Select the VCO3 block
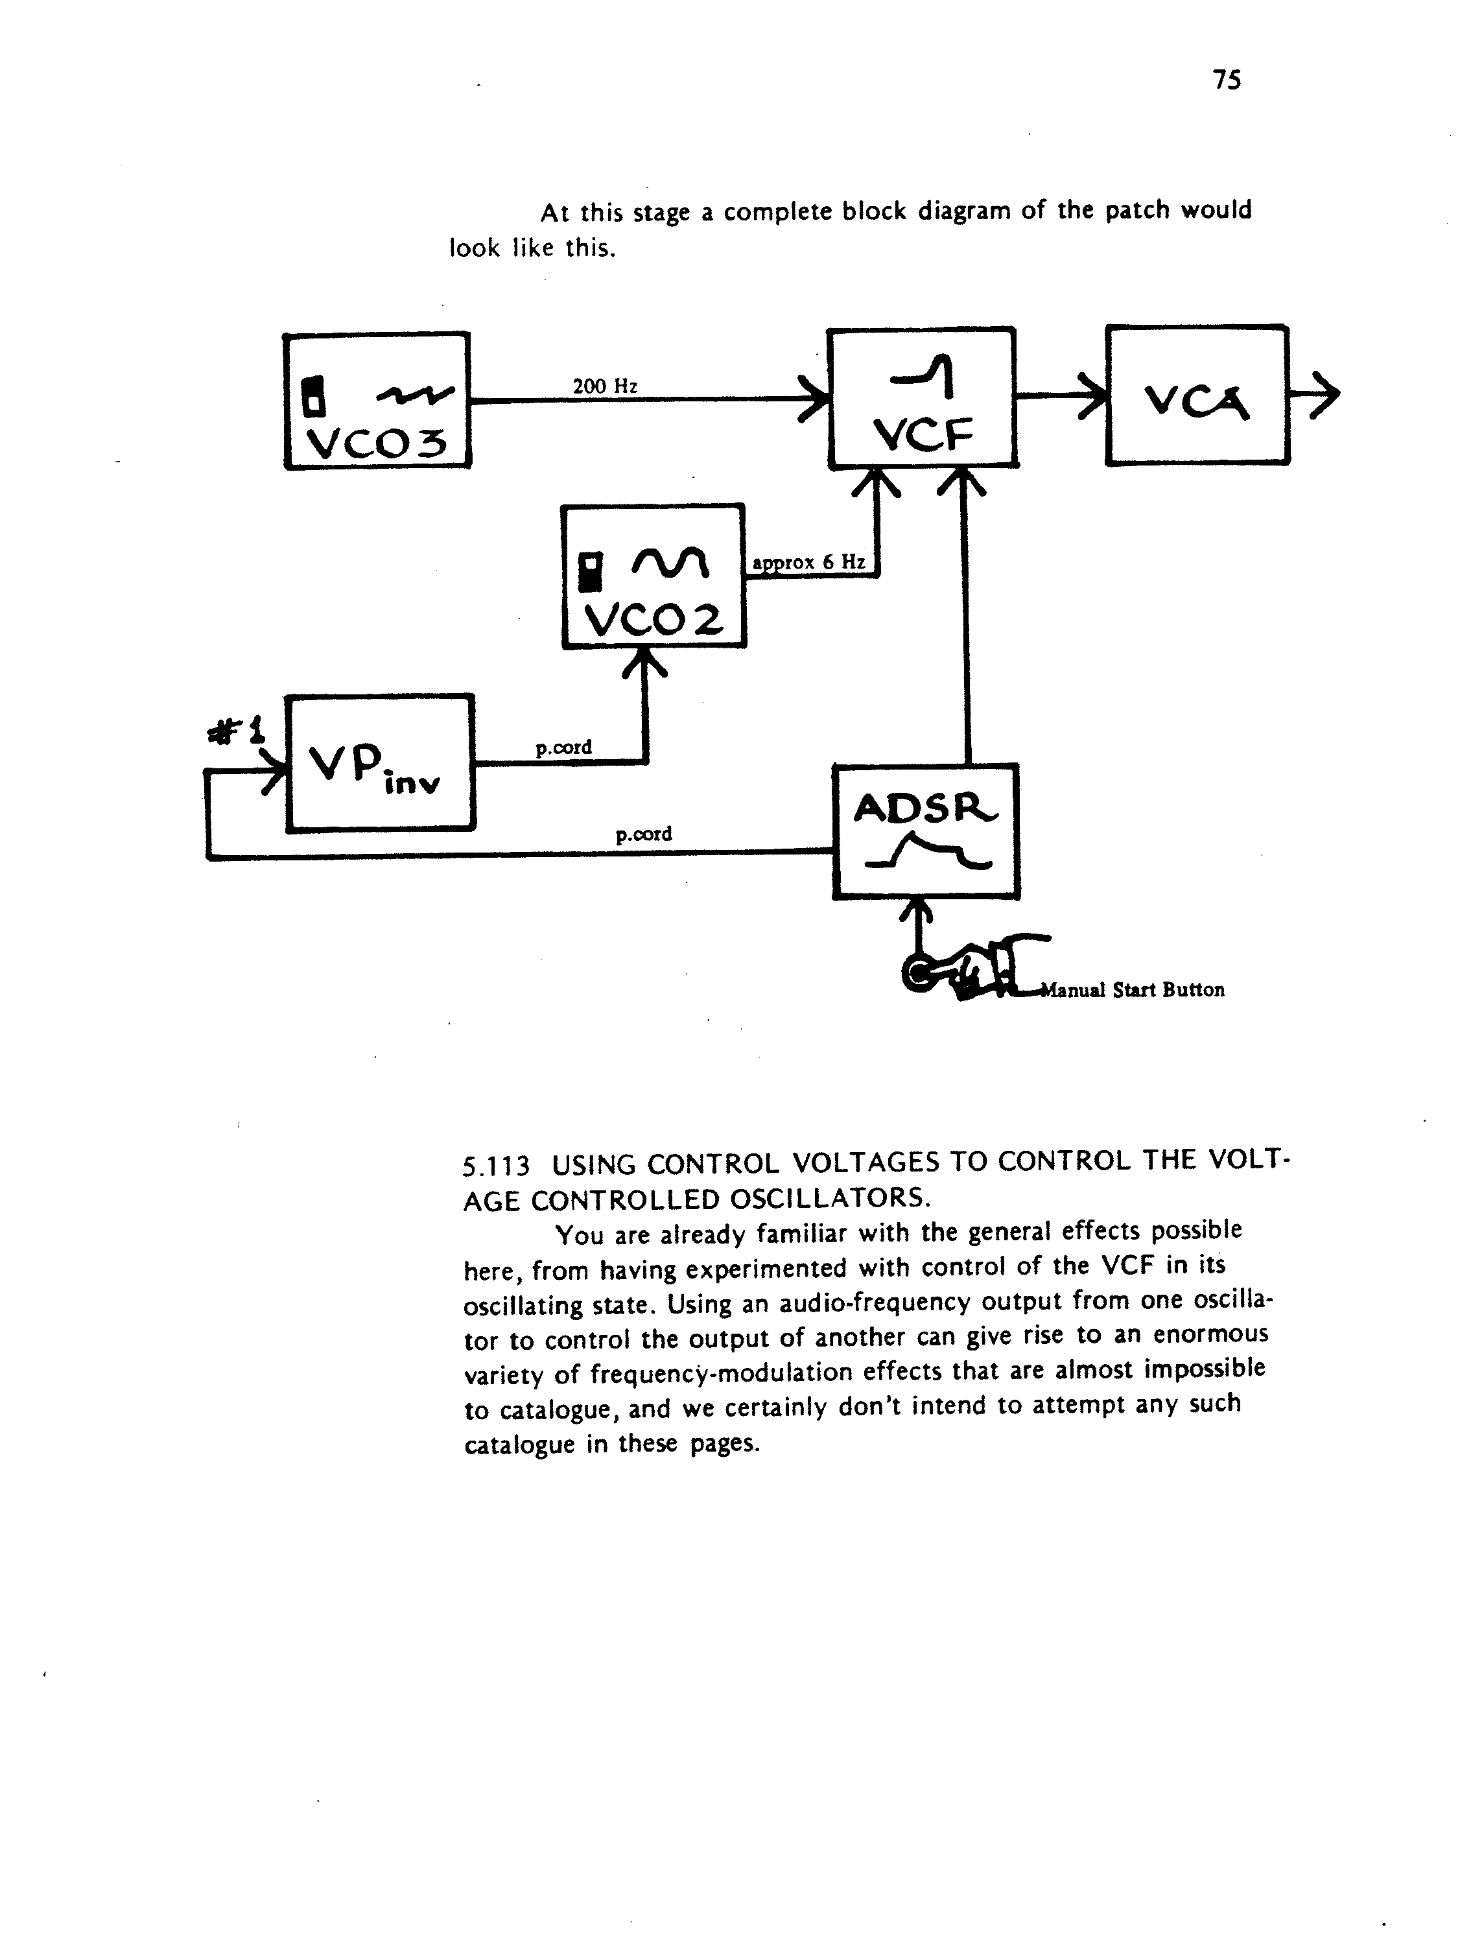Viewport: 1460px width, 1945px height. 377,401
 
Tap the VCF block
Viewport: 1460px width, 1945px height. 923,397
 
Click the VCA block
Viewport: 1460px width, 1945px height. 1197,395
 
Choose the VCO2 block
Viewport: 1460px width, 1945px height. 653,576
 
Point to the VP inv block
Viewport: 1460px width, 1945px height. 380,762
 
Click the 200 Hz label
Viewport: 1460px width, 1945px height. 605,386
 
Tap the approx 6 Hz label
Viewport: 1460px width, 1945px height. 809,563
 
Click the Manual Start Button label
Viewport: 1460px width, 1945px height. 1132,990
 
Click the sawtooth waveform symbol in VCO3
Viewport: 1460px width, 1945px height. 415,397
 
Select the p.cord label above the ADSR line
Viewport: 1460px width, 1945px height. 644,834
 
